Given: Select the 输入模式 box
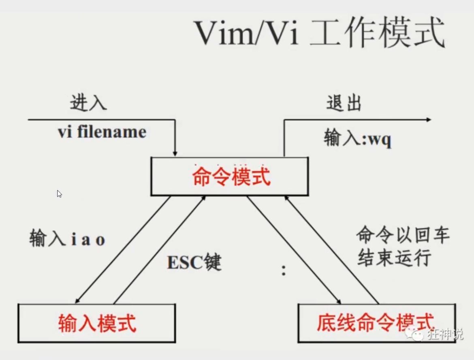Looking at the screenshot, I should pos(97,323).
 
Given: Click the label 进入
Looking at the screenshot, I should pos(88,103).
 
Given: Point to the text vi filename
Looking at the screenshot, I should pos(102,132).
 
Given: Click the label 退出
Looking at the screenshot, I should pos(344,103).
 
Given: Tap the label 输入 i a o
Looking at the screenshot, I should pos(67,239).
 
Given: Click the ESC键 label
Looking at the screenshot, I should pos(194,263).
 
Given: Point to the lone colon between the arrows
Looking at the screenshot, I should pos(284,270).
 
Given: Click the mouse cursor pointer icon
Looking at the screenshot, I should pos(59,194).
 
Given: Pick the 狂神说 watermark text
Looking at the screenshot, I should pos(446,334).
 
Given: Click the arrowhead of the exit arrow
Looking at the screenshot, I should pos(428,120).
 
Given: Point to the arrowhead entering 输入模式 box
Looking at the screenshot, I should pos(77,301).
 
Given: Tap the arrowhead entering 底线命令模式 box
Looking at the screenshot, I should pos(339,301).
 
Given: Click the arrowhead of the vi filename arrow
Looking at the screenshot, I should pos(175,153).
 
